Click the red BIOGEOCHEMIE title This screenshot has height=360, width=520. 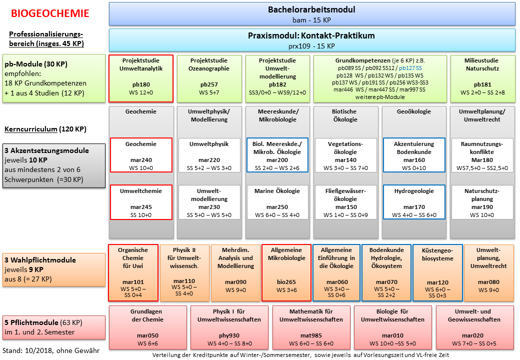click(50, 13)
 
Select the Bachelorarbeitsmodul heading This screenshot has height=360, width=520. click(311, 9)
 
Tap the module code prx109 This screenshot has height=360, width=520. click(299, 46)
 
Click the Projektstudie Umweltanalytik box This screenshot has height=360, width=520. click(141, 78)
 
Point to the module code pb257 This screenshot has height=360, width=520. click(209, 84)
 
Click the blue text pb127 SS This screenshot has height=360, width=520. click(410, 68)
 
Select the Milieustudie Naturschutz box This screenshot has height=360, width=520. click(481, 78)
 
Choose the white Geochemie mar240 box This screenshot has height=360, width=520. click(141, 155)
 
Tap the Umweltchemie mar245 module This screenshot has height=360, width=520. click(141, 202)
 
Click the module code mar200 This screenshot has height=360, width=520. click(277, 160)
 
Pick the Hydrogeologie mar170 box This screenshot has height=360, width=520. click(414, 202)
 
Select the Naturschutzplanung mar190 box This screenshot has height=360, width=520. click(482, 202)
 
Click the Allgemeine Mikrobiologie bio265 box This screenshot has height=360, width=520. click(286, 273)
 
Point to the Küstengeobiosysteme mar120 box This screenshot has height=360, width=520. click(438, 273)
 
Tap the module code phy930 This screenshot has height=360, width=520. click(229, 335)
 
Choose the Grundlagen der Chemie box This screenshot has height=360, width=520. click(147, 327)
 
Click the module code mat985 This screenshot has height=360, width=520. click(311, 335)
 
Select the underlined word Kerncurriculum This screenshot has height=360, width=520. click(31, 129)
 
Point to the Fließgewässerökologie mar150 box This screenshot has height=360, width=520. click(345, 202)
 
